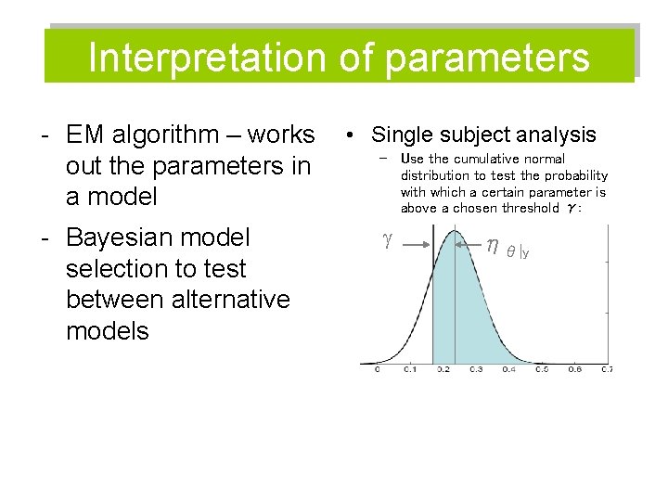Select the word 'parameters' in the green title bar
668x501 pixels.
point(486,58)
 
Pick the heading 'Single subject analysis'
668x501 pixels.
point(483,135)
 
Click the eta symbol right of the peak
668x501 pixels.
point(492,244)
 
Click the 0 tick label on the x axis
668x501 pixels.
point(377,370)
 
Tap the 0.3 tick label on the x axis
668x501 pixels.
point(475,370)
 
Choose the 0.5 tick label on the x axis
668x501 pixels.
point(542,370)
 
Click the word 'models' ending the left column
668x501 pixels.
point(107,331)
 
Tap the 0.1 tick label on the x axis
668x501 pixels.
point(409,370)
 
